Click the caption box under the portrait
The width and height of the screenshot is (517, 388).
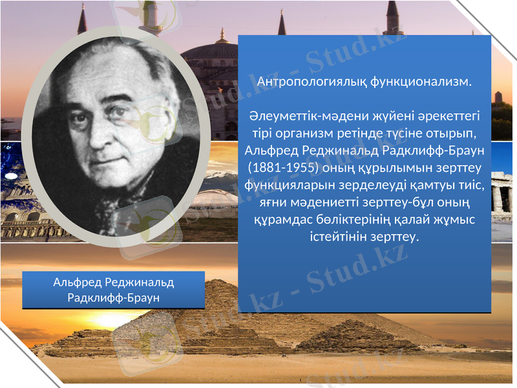(x=114, y=290)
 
